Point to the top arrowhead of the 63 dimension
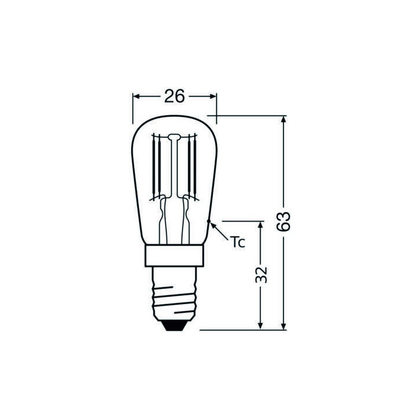point(283,120)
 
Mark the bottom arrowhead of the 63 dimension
point(283,325)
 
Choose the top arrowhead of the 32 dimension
point(261,225)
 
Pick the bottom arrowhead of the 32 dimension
point(261,325)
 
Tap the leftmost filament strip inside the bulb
point(155,166)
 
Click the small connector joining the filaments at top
point(174,138)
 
